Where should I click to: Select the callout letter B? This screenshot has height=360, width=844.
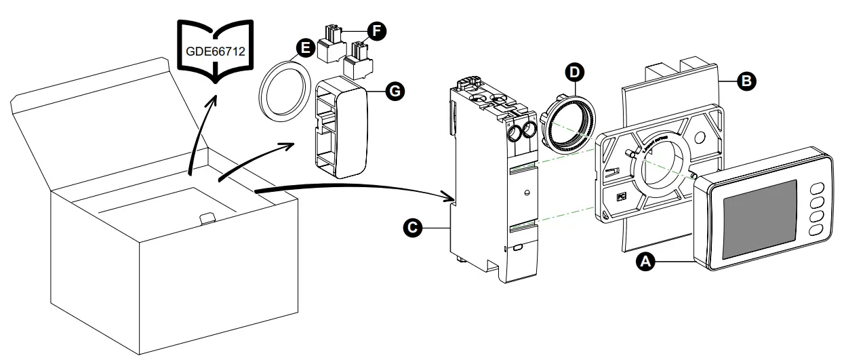coord(746,81)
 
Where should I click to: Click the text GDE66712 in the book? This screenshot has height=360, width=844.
coord(216,50)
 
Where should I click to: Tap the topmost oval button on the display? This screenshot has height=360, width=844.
coord(818,188)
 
